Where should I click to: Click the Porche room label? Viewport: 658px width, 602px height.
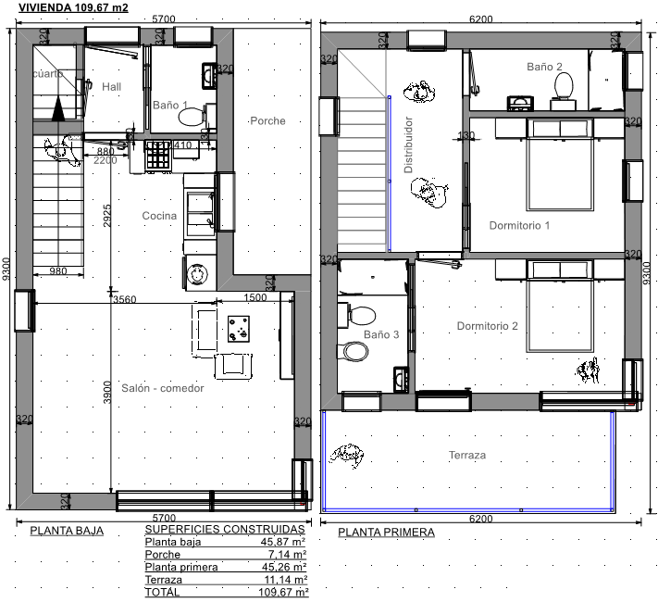(267, 121)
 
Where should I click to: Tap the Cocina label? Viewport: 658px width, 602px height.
(159, 216)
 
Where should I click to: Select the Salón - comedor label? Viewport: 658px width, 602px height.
(163, 388)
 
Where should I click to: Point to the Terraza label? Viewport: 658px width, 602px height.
(467, 455)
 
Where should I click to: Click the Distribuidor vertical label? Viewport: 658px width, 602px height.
(408, 144)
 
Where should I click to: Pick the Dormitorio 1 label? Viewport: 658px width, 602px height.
(519, 226)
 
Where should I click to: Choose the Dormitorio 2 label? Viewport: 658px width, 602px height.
(487, 326)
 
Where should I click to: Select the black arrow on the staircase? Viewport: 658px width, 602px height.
(58, 108)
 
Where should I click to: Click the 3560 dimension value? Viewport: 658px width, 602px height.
(125, 299)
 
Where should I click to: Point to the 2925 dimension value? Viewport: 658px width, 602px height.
(107, 216)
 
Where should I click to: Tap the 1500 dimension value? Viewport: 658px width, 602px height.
(255, 297)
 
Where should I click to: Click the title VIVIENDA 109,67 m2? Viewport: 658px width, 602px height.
(73, 7)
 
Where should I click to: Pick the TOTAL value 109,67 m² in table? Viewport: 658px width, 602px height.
(284, 593)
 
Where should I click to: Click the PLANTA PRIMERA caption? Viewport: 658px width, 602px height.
(387, 533)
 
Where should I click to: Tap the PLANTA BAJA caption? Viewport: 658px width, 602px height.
(67, 531)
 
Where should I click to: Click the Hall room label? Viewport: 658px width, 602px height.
(112, 87)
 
